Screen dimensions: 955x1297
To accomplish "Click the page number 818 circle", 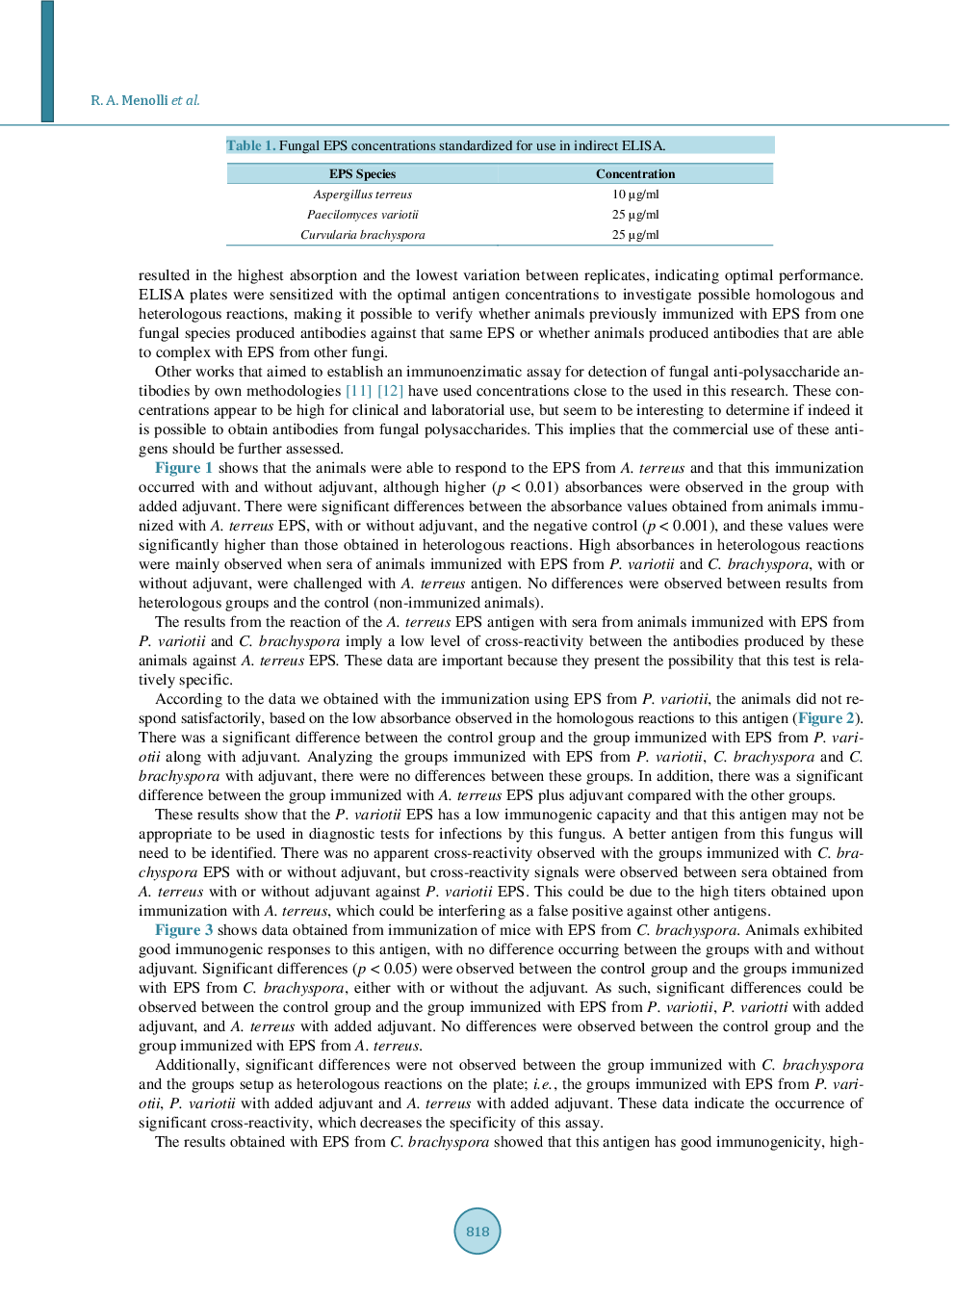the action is tap(477, 1231).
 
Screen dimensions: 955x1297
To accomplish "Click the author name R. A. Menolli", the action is tap(129, 100).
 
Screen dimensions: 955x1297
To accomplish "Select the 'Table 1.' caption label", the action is tap(250, 145).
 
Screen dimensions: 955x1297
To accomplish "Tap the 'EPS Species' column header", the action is tap(362, 174).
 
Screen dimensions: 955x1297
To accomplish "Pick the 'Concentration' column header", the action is tap(635, 174).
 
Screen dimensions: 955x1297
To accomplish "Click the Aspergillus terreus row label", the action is tap(362, 195).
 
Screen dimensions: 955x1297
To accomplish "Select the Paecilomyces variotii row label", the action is tap(362, 215).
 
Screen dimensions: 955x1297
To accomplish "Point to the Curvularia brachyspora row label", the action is tap(362, 235).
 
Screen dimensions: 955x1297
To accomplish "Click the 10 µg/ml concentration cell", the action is tap(635, 195).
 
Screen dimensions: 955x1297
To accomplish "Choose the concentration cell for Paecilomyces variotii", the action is tap(635, 215).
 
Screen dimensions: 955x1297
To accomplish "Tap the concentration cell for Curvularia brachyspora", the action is tap(635, 235).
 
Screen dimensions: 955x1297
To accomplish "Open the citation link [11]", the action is tap(358, 391).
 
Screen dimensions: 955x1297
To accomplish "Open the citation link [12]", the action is tap(390, 391).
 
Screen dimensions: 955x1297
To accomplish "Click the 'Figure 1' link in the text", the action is tap(184, 468).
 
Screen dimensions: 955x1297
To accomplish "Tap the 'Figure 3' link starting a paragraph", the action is tap(184, 930).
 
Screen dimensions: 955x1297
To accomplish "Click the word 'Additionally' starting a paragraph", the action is tap(196, 1065).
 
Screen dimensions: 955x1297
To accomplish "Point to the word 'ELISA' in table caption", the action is tap(642, 145).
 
